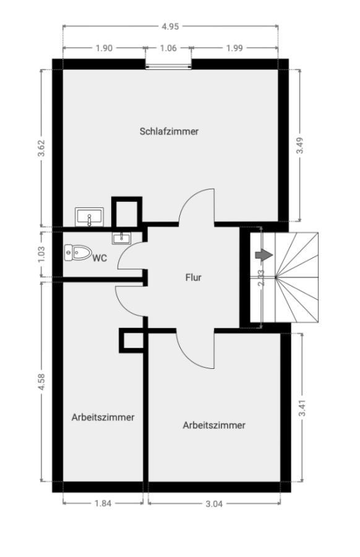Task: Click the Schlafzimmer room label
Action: (169, 131)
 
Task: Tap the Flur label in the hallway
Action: (193, 277)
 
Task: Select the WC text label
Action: (100, 258)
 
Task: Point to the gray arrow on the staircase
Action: (264, 255)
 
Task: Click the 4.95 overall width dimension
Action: (171, 27)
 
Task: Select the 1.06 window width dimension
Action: (168, 48)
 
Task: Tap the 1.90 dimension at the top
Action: (104, 48)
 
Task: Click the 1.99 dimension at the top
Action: (234, 48)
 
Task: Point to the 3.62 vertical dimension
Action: (42, 148)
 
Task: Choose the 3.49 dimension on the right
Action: (300, 145)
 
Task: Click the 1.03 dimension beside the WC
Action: (41, 254)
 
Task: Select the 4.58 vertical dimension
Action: (41, 382)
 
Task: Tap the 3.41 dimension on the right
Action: (302, 408)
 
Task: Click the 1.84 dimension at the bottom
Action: (103, 503)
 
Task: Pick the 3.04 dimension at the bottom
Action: (214, 504)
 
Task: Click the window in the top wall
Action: (169, 64)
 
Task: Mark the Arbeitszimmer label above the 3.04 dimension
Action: (214, 425)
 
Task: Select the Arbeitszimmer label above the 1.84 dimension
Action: (103, 417)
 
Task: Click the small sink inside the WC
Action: (121, 238)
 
